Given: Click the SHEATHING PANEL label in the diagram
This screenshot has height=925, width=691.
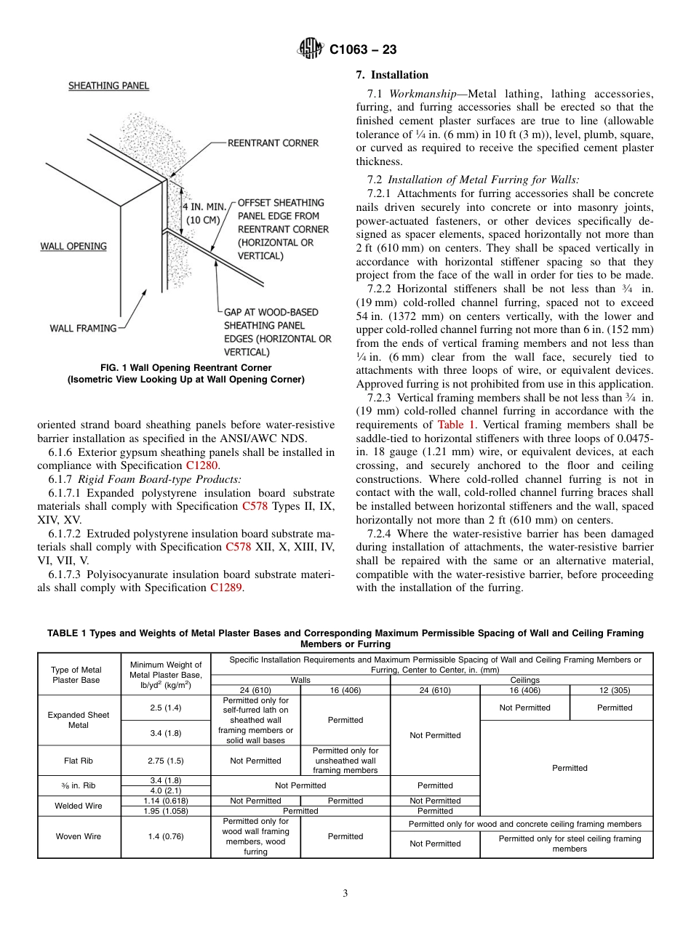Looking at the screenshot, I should point(108,86).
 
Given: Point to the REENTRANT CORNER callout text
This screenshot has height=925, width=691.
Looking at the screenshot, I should point(273,143).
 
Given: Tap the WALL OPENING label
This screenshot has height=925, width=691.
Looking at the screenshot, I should point(73,247).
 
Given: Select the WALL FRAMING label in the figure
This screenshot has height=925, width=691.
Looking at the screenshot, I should point(82,328).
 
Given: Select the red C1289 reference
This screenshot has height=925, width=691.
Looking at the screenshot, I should point(226,588).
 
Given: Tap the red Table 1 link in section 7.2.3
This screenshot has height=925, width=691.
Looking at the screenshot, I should point(456,425).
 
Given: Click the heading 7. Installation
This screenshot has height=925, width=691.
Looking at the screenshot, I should point(392,75).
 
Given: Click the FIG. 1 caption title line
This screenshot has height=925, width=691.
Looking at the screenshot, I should point(186,368).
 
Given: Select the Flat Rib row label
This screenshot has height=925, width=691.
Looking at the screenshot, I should point(76,761).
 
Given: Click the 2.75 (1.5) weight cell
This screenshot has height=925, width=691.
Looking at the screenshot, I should point(165,761).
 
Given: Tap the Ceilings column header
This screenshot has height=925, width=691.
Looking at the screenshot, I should point(522,681).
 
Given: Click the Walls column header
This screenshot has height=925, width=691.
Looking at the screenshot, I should point(300,681).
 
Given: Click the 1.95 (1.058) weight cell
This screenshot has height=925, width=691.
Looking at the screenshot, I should point(165,811).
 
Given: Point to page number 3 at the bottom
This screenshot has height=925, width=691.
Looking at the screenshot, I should point(345,894).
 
